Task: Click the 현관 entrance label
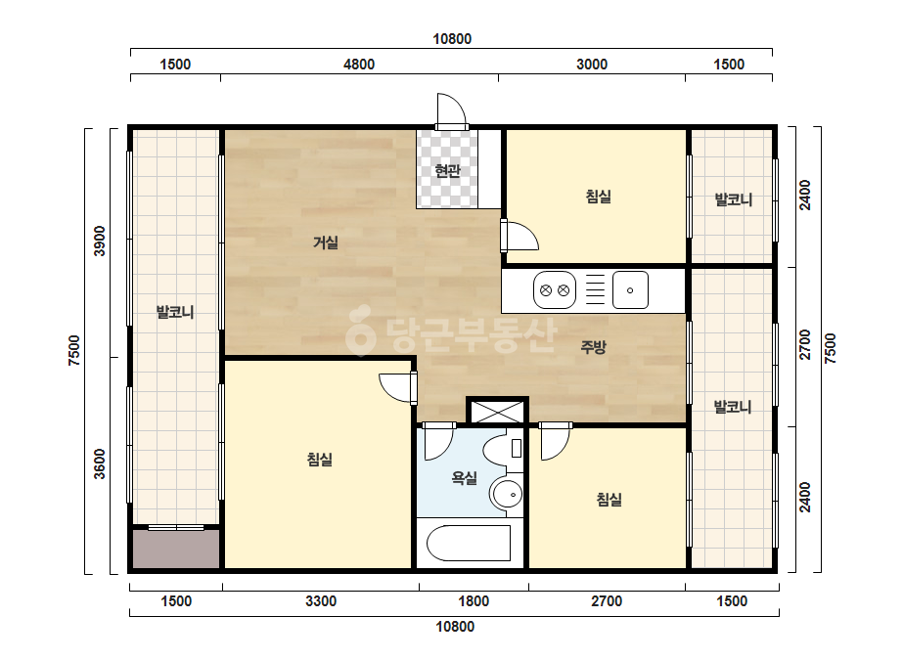click(x=447, y=170)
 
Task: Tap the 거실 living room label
click(x=326, y=242)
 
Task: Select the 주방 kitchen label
click(x=593, y=346)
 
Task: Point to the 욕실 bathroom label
click(x=464, y=477)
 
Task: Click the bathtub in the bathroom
click(x=469, y=543)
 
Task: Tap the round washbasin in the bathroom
click(x=506, y=494)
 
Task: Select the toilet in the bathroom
click(x=505, y=448)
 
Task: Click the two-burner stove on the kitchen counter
click(x=555, y=290)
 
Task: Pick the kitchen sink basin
click(x=630, y=290)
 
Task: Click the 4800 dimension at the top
click(x=359, y=64)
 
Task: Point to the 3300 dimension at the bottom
click(x=321, y=601)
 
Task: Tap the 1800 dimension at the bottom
click(x=474, y=601)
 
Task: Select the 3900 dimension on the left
click(x=100, y=242)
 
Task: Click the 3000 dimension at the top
click(x=592, y=64)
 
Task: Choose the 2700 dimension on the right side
click(x=805, y=344)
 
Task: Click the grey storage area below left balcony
click(x=176, y=550)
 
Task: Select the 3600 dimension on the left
click(x=100, y=463)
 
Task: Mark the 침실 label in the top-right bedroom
click(x=599, y=197)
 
